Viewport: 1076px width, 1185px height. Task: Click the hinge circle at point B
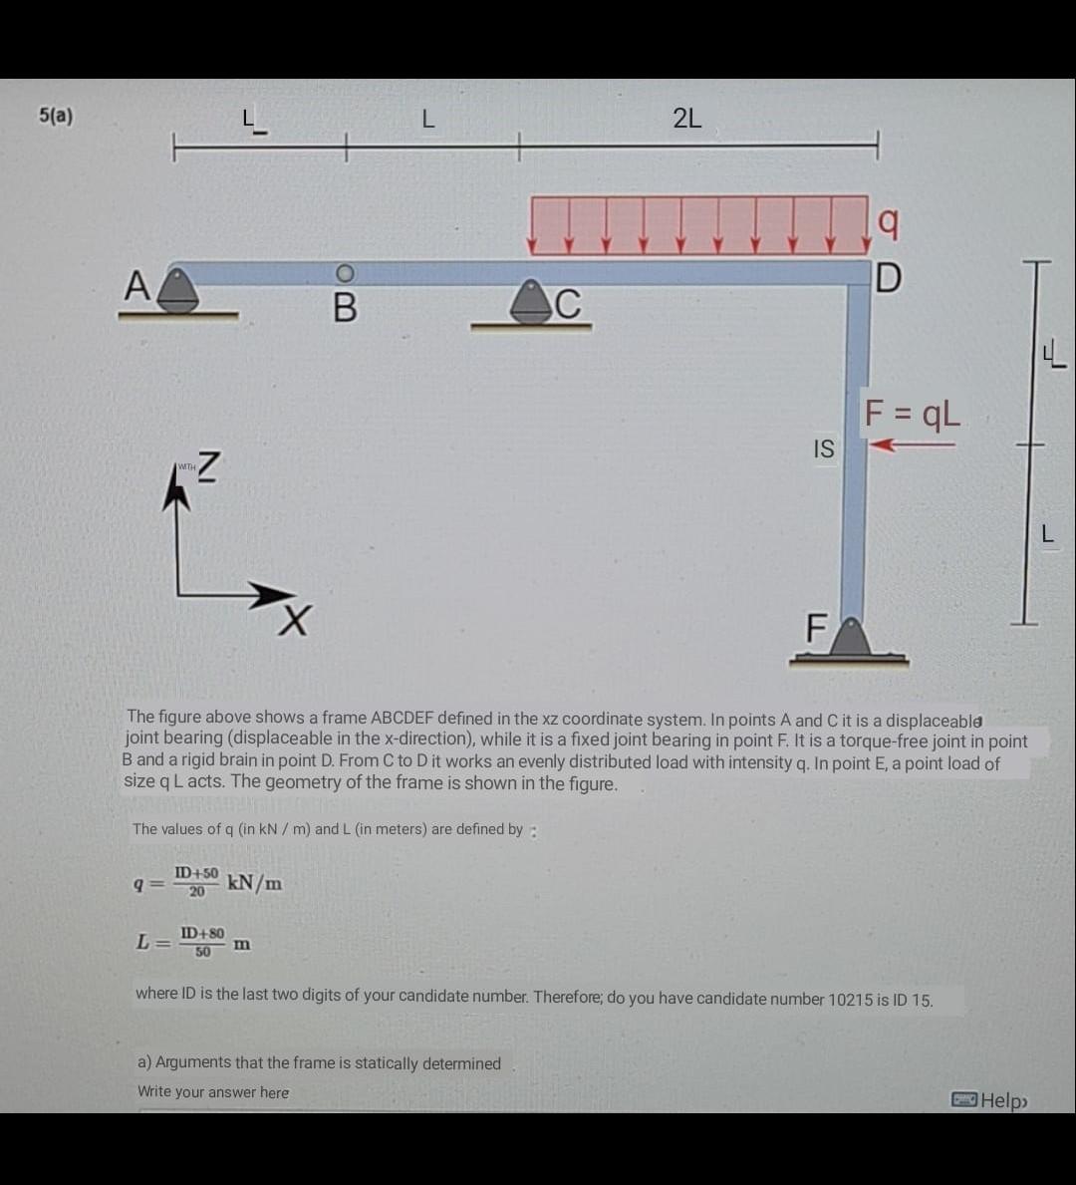click(x=345, y=273)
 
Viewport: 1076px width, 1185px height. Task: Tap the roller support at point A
click(x=178, y=290)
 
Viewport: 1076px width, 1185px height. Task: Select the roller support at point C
click(x=531, y=303)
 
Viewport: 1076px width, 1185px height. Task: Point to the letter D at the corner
click(x=888, y=278)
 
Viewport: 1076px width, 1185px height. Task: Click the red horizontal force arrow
click(x=912, y=445)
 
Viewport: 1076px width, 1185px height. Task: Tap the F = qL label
click(x=912, y=414)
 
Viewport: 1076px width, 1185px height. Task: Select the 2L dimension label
click(x=686, y=119)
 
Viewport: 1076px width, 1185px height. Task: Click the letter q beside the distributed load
click(x=889, y=222)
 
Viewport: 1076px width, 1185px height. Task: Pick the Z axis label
click(x=208, y=466)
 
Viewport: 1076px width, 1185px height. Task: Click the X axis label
click(x=294, y=621)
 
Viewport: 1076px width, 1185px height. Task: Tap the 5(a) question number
click(x=56, y=116)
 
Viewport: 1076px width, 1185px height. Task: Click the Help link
click(x=990, y=1100)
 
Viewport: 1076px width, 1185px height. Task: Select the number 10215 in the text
click(x=850, y=999)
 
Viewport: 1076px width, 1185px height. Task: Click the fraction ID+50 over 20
click(x=196, y=882)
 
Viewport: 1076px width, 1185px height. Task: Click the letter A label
click(x=136, y=286)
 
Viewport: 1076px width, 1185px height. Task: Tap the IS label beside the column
click(x=824, y=448)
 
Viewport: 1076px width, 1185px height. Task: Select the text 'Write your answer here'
click(x=213, y=1092)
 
